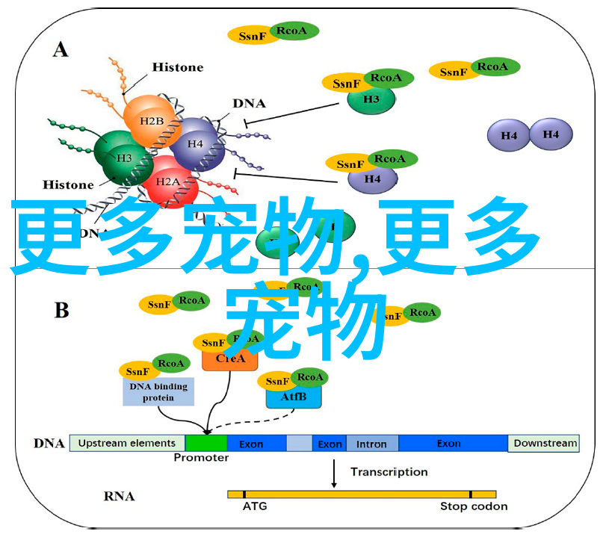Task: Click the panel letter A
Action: pos(61,50)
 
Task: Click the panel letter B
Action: pos(61,311)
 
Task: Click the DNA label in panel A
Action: pos(250,104)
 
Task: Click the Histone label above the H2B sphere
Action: pos(177,66)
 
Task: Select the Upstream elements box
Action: pos(127,443)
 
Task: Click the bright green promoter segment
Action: pos(206,443)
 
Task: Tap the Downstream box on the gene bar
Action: pos(545,443)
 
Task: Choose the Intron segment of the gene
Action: pos(372,443)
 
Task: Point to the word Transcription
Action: pos(389,472)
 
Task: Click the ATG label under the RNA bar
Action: pos(253,506)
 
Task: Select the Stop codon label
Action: pos(474,506)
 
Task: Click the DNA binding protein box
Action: pos(158,392)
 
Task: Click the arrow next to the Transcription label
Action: pos(333,473)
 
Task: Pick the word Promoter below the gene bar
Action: pos(201,458)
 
